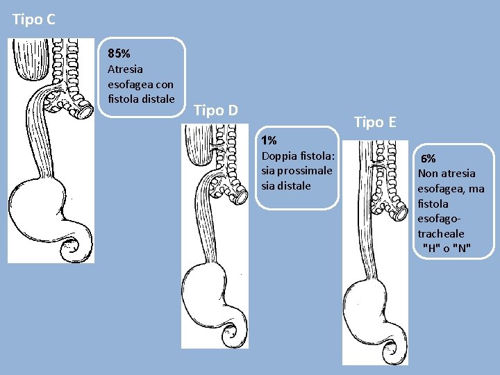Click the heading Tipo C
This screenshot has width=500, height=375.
[33, 20]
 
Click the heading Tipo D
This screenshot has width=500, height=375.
[216, 110]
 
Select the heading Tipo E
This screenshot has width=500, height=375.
[375, 123]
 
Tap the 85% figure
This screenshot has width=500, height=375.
[119, 53]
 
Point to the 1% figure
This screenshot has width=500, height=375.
[269, 141]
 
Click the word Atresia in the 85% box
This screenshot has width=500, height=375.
[125, 69]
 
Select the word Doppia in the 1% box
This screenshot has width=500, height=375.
[278, 156]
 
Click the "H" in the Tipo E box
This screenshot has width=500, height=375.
[430, 249]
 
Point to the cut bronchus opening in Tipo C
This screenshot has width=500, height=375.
[86, 109]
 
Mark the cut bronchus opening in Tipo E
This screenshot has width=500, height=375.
[399, 212]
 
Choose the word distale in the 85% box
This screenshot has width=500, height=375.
[158, 99]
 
